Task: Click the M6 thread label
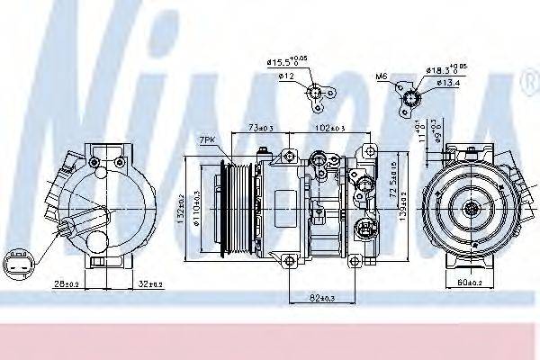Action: (382, 78)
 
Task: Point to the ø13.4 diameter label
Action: (450, 84)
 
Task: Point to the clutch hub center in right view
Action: (472, 208)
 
